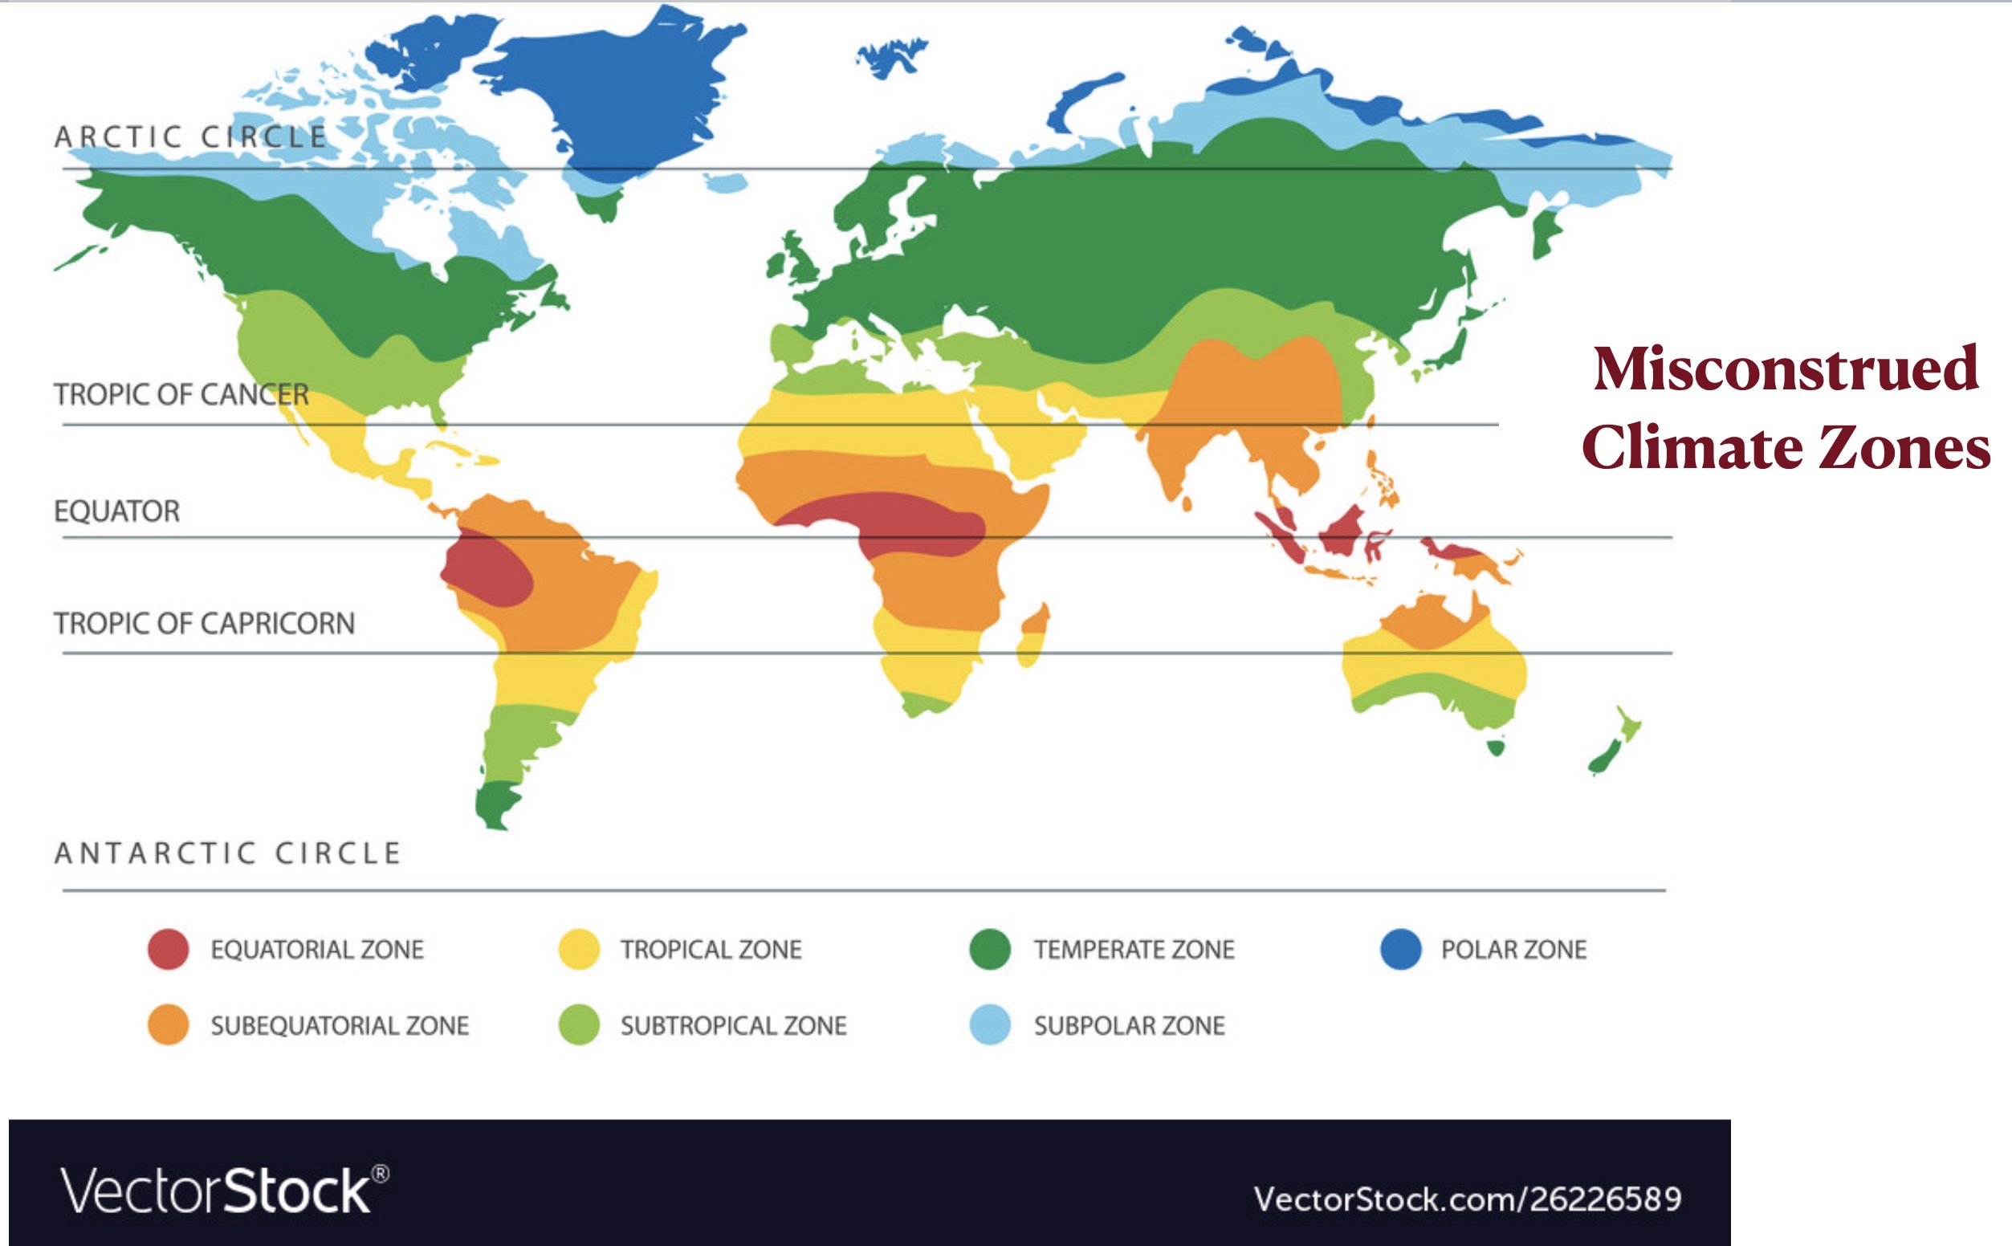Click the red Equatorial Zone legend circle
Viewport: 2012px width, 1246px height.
168,948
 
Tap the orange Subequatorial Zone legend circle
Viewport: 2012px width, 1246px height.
168,1024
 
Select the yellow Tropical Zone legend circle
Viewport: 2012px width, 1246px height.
578,948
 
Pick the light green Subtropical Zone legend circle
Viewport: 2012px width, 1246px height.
578,1024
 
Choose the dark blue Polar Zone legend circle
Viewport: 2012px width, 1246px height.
1401,948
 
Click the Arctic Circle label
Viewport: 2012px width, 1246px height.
190,136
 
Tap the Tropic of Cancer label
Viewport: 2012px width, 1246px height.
181,394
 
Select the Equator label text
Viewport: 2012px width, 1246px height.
117,511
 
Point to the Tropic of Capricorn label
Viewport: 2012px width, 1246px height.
204,623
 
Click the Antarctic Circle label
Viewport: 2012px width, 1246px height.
227,853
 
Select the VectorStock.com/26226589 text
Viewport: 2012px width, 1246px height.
1467,1199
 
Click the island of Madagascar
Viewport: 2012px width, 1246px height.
1033,634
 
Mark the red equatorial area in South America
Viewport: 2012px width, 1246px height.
486,568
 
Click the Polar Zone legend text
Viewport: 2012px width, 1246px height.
1513,949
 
